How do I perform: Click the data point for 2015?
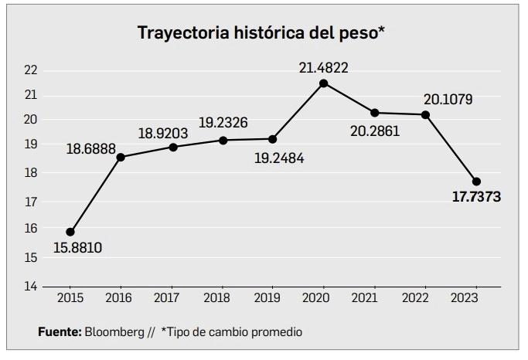70,232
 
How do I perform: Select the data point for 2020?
324,83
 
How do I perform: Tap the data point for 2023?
476,182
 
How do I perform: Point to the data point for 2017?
172,147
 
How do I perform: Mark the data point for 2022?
425,115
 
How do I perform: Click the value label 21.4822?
324,68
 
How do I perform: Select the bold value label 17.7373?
476,198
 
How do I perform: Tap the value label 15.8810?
78,248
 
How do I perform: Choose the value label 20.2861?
374,131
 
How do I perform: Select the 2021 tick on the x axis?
375,297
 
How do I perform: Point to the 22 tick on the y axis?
31,70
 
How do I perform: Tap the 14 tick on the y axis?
31,286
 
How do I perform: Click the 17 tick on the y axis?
31,202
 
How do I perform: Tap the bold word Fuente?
60,331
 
